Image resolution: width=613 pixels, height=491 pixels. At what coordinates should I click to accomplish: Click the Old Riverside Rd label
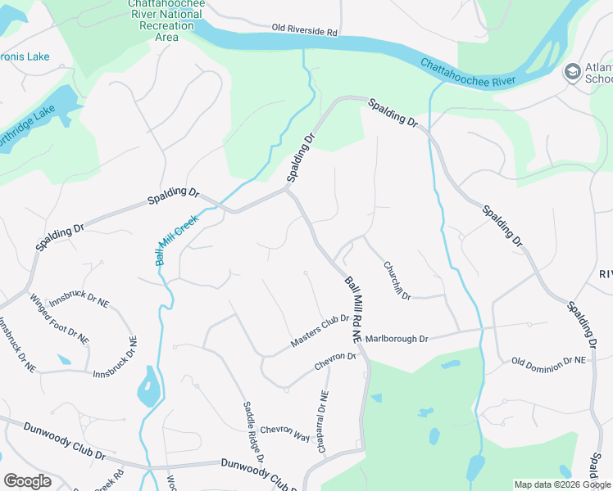pyautogui.click(x=305, y=31)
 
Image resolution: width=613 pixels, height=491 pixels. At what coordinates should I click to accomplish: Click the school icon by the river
pyautogui.click(x=571, y=73)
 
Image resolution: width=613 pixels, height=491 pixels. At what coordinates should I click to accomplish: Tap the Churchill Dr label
pyautogui.click(x=397, y=280)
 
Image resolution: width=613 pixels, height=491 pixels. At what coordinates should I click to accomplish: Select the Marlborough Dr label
pyautogui.click(x=397, y=338)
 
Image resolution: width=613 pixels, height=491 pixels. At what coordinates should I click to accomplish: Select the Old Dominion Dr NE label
pyautogui.click(x=549, y=360)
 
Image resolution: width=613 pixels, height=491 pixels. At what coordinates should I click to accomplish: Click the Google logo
pyautogui.click(x=27, y=481)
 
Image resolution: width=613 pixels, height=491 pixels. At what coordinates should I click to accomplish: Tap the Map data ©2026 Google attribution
pyautogui.click(x=562, y=484)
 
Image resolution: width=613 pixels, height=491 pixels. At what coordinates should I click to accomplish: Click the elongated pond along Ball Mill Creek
pyautogui.click(x=148, y=387)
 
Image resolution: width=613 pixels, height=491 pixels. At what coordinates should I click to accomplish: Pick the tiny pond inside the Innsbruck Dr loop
pyautogui.click(x=64, y=358)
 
